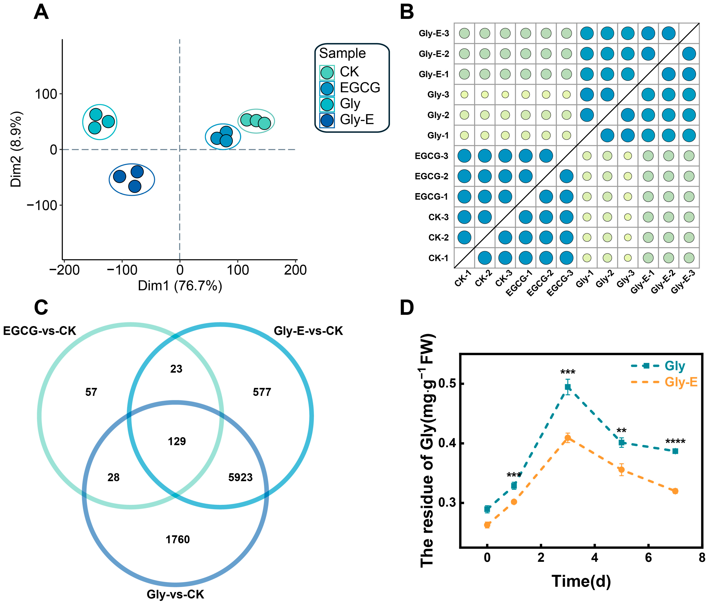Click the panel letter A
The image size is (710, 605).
pos(41,12)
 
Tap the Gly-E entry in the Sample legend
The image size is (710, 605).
pos(356,120)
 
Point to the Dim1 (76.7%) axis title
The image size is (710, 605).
pos(180,285)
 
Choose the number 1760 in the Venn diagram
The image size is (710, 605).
pos(177,540)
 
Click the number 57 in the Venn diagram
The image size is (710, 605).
pos(91,392)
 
